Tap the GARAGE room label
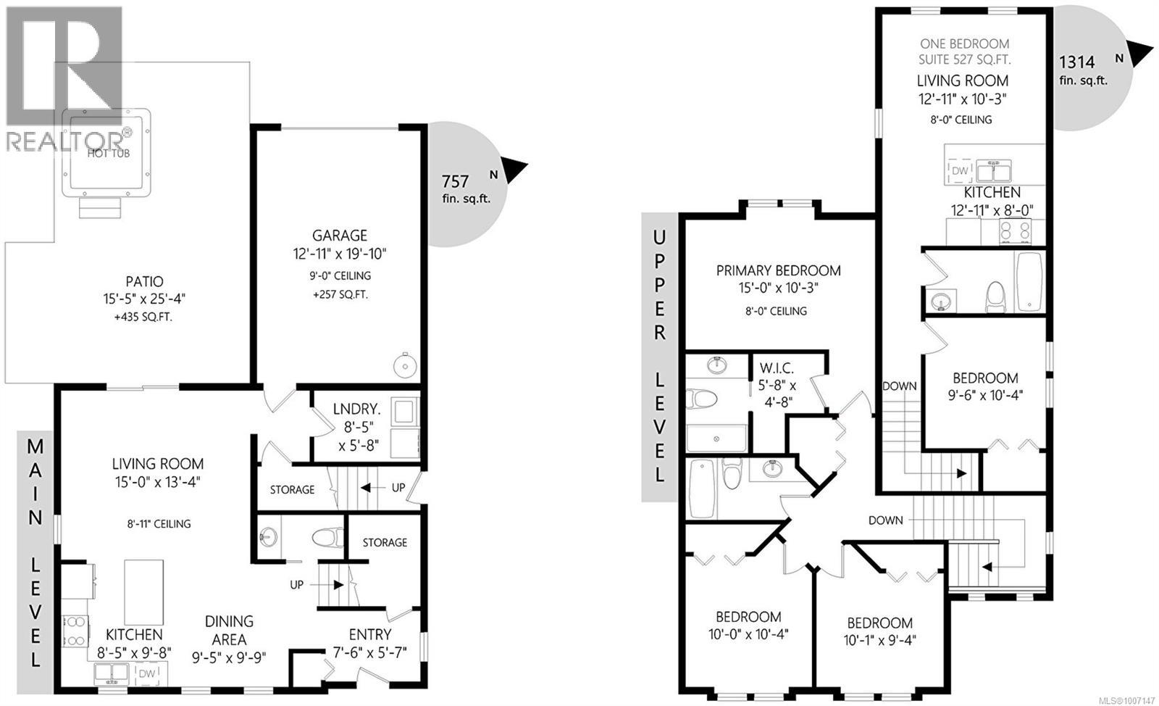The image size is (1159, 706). tap(340, 236)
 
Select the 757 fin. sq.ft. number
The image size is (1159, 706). tap(456, 181)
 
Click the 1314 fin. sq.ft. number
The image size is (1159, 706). tap(1077, 62)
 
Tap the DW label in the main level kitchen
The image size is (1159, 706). tap(146, 674)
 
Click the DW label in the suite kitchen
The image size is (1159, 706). tap(959, 171)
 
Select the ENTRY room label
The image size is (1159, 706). tap(370, 635)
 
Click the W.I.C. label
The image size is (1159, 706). tap(777, 368)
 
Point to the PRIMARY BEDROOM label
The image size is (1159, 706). tap(778, 271)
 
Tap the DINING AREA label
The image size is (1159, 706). tap(229, 621)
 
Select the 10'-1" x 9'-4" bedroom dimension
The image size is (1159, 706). tap(879, 641)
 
